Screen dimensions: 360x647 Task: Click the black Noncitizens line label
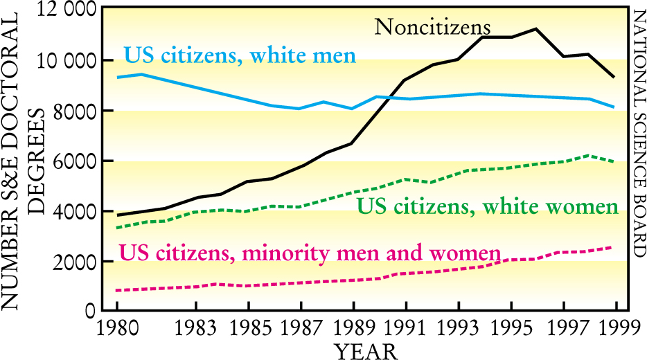[x=432, y=27]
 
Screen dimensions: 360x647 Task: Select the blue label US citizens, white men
[x=240, y=55]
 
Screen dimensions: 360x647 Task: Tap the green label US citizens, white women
[x=486, y=206]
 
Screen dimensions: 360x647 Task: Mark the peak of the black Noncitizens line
[x=535, y=28]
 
